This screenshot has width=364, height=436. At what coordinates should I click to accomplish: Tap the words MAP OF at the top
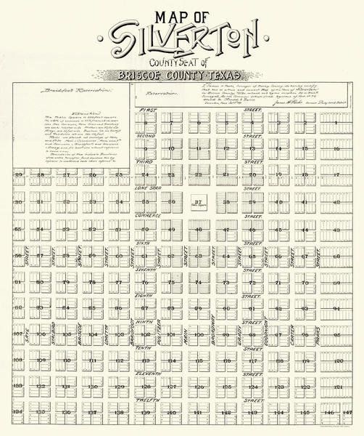tap(181, 14)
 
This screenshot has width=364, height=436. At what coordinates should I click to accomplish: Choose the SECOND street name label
tap(147, 135)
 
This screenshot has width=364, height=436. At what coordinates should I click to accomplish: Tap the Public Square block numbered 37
tap(198, 201)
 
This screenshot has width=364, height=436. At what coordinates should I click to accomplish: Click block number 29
tap(19, 175)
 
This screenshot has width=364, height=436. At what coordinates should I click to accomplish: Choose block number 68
tap(336, 256)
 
